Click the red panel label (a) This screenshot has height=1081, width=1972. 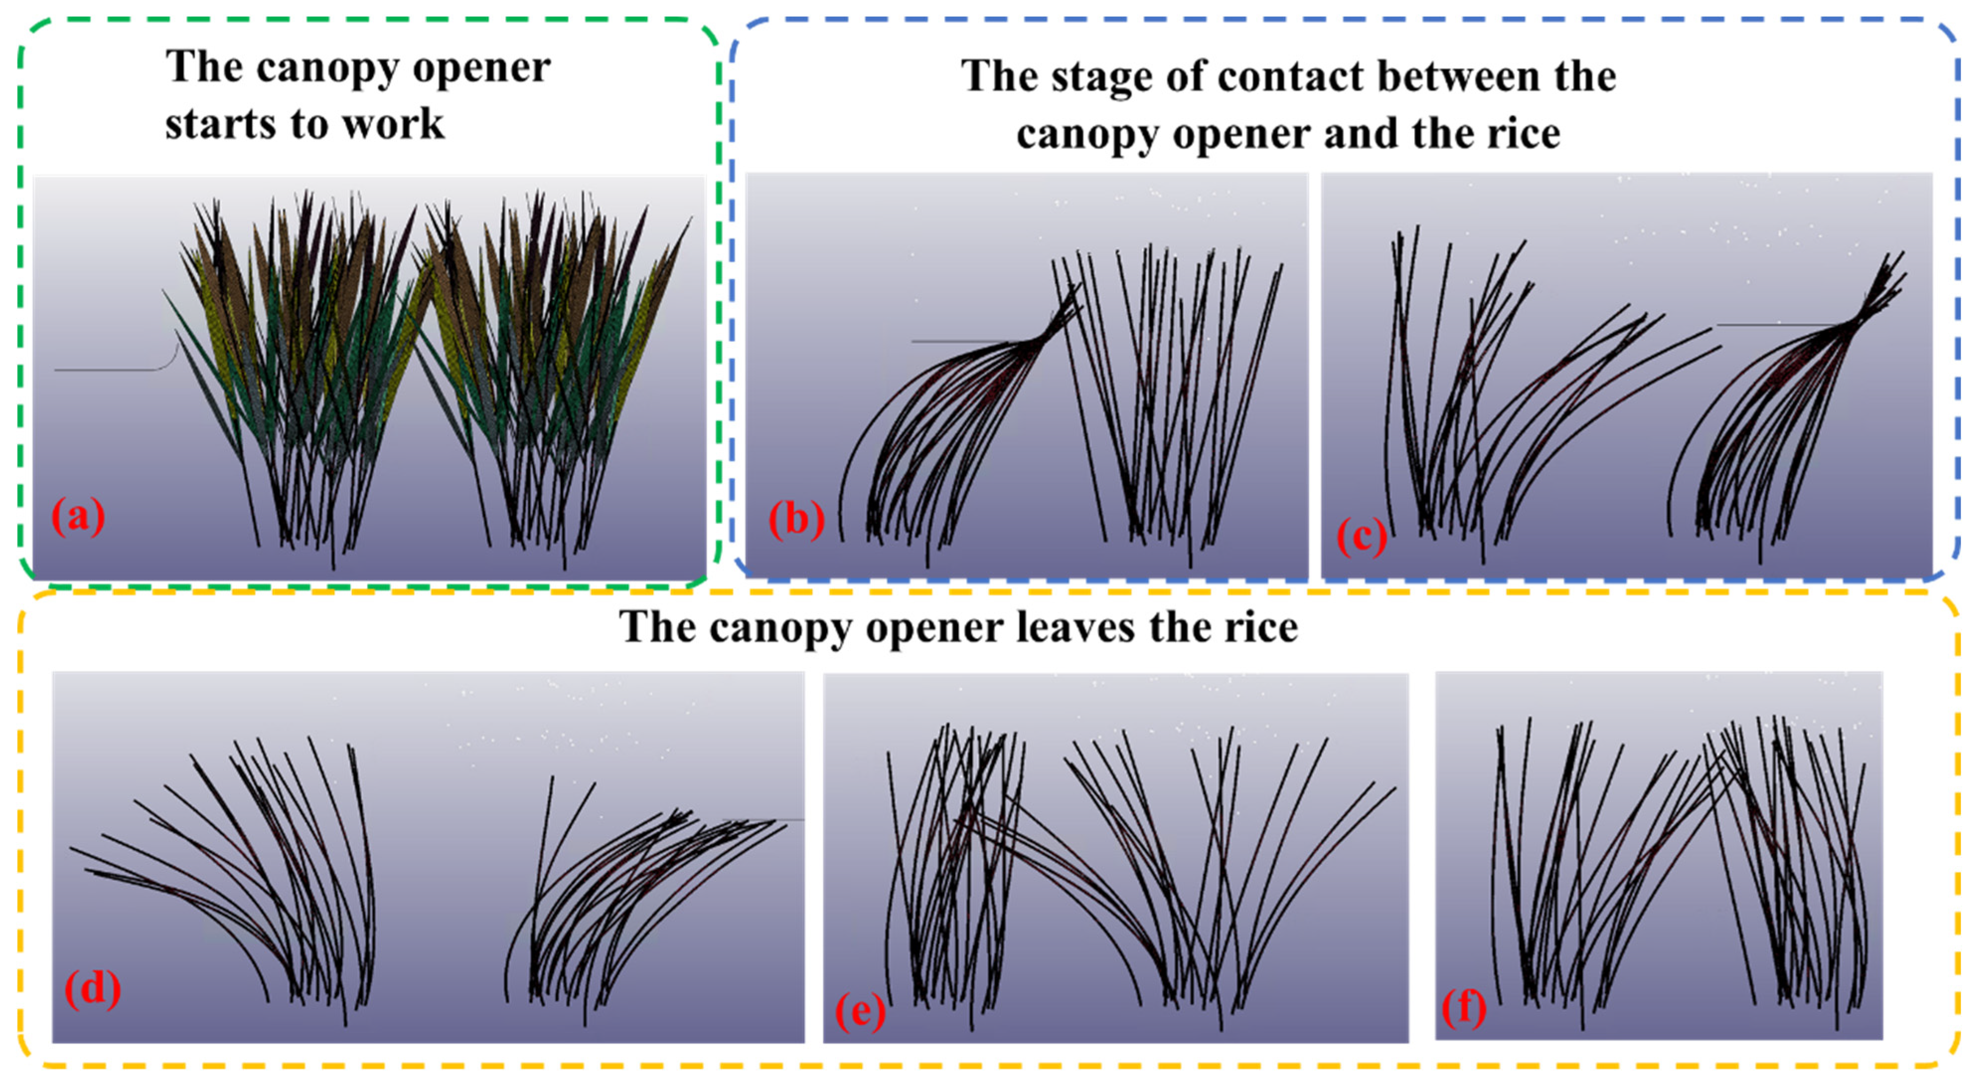tap(77, 516)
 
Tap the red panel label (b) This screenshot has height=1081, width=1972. tap(796, 520)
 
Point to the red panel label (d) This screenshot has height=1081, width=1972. tap(92, 989)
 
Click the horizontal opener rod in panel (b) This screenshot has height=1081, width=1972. tap(965, 341)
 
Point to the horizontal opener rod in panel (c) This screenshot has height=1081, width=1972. tap(1776, 324)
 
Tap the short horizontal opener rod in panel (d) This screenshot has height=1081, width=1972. tap(765, 820)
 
